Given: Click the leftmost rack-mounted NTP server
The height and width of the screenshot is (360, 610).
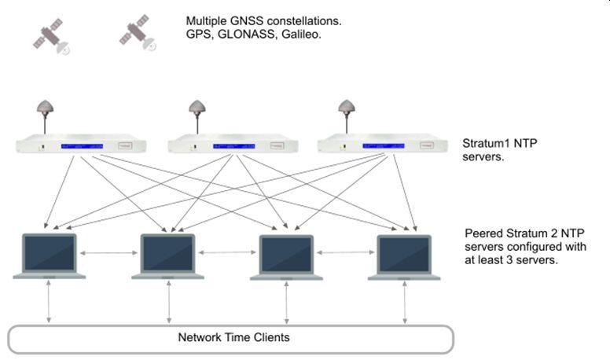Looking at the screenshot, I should [x=82, y=145].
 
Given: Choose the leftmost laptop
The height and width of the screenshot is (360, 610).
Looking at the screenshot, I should [x=50, y=255].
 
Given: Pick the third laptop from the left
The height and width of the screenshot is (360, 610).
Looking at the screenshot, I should [x=286, y=255].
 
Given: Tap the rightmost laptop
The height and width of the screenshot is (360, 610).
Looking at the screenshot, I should [x=404, y=255].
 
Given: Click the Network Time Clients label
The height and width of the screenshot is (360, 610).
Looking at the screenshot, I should [x=233, y=338].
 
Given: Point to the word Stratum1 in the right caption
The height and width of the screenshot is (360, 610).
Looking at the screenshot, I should [x=487, y=144].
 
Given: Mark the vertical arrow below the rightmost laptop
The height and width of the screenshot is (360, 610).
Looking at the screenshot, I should [x=404, y=301].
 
